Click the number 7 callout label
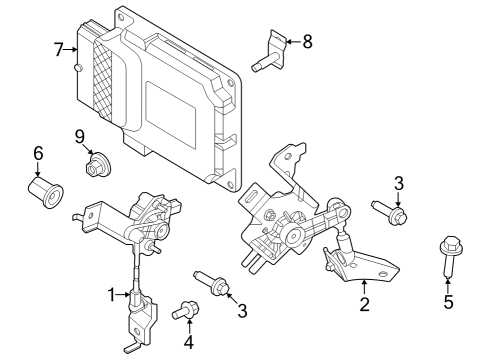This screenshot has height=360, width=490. tap(59, 48)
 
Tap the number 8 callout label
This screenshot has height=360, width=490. tap(307, 41)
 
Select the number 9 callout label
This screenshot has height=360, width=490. tap(78, 135)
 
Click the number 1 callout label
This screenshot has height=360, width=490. tap(112, 294)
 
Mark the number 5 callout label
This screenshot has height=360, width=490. tap(448, 301)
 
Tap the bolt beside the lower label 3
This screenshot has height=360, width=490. tap(212, 282)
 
